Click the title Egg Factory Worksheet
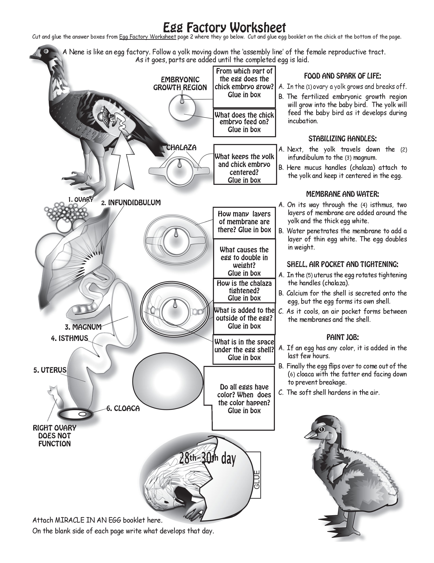(224, 28)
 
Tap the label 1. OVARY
(81, 199)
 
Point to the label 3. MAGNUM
(83, 327)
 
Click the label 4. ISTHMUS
(69, 338)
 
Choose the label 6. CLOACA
(123, 408)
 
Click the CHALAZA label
(181, 147)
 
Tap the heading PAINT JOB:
(342, 337)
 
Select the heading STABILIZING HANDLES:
(342, 139)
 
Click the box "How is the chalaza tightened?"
(244, 291)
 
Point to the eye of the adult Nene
(46, 51)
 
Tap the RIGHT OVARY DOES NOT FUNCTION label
(54, 436)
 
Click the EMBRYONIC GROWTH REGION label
(180, 83)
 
